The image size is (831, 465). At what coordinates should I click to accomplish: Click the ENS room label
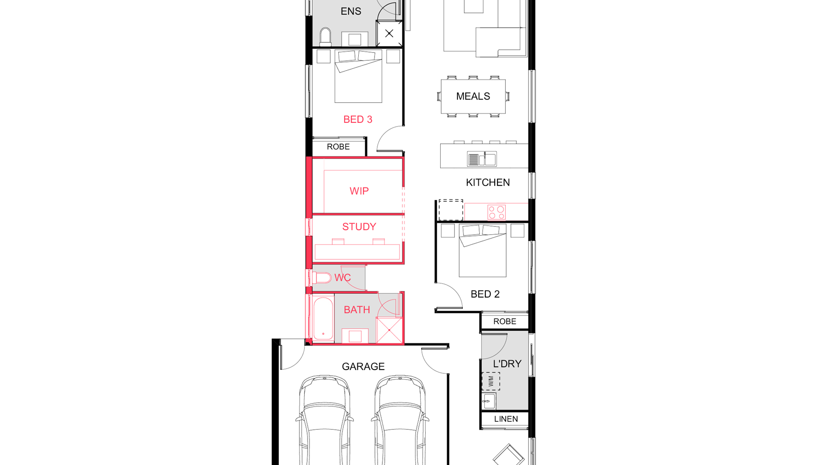coord(351,11)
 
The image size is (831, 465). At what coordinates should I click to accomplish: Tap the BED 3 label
coord(358,120)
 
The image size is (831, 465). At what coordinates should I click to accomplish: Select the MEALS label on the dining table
coord(473,96)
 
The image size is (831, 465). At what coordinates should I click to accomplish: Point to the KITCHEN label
coord(488,182)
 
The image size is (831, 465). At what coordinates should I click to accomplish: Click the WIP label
coord(359,191)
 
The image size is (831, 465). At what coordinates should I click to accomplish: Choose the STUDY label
coord(359,227)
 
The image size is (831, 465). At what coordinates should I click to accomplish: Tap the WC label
coord(342,278)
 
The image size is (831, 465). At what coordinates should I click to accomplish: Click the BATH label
coord(357,310)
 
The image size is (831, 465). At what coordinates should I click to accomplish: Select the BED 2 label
coord(485,294)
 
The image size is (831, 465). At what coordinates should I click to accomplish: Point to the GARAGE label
coord(363,366)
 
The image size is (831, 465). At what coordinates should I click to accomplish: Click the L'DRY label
coord(507,364)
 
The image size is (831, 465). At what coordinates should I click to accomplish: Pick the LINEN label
coord(506,419)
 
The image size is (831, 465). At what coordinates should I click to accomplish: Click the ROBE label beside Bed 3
coord(338,147)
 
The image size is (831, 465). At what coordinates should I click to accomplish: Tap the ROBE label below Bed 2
coord(505,321)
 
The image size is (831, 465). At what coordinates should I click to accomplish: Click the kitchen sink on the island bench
coord(482,159)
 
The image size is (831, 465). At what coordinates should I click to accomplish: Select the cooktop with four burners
coord(496,212)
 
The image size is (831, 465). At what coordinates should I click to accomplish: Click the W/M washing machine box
coord(491,381)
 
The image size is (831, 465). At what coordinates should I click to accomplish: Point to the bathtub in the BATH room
coord(323,319)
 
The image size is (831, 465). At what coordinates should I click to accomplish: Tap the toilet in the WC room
coord(322,278)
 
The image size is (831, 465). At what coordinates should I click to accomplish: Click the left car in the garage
coord(324,421)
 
